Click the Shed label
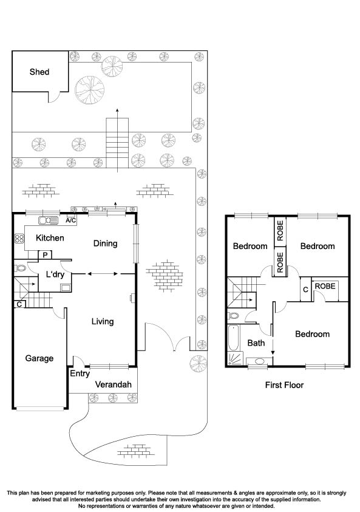(x=39, y=72)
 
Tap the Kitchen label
(x=49, y=238)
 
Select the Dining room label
(x=105, y=244)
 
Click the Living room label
(x=102, y=321)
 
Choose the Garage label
(x=39, y=358)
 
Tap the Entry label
(x=80, y=374)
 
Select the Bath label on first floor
(x=256, y=343)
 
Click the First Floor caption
(x=284, y=385)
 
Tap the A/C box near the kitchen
(x=70, y=220)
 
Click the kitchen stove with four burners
(x=18, y=239)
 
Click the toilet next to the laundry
(x=19, y=268)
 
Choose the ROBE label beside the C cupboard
(x=325, y=286)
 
